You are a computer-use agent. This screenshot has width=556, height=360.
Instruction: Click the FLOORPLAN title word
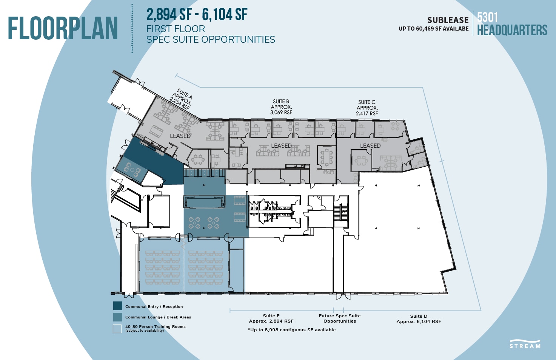point(63,29)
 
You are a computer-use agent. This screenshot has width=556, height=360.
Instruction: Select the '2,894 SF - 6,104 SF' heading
point(197,15)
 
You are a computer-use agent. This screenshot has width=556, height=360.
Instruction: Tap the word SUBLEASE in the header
point(448,20)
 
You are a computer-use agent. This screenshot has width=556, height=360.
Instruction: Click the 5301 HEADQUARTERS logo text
point(512,24)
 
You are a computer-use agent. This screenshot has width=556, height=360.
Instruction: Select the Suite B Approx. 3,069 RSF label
point(281,107)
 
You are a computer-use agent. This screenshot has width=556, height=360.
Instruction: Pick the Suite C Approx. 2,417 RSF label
point(367,108)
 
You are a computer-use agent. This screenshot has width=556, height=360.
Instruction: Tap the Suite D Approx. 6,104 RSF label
point(419,319)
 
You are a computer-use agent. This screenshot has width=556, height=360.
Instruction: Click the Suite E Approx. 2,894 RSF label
point(271,318)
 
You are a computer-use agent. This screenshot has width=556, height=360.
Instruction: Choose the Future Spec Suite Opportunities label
point(340,318)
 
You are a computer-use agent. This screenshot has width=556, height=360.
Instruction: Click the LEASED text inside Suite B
point(281,146)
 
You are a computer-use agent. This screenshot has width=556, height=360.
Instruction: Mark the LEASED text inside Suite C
point(370,146)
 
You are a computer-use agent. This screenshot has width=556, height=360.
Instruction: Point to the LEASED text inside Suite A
point(180,136)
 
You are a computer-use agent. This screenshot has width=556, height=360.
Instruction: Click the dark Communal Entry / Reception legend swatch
point(117,306)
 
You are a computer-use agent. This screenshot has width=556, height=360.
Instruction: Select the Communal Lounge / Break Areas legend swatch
point(117,317)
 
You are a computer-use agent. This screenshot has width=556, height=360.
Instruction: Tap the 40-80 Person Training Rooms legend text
point(155,327)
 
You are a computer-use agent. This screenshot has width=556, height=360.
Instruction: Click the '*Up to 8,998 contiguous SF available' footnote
point(292,330)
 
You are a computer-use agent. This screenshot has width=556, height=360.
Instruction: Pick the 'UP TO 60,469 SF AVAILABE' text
point(433,29)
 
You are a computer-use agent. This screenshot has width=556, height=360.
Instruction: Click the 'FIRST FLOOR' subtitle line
point(176,29)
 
